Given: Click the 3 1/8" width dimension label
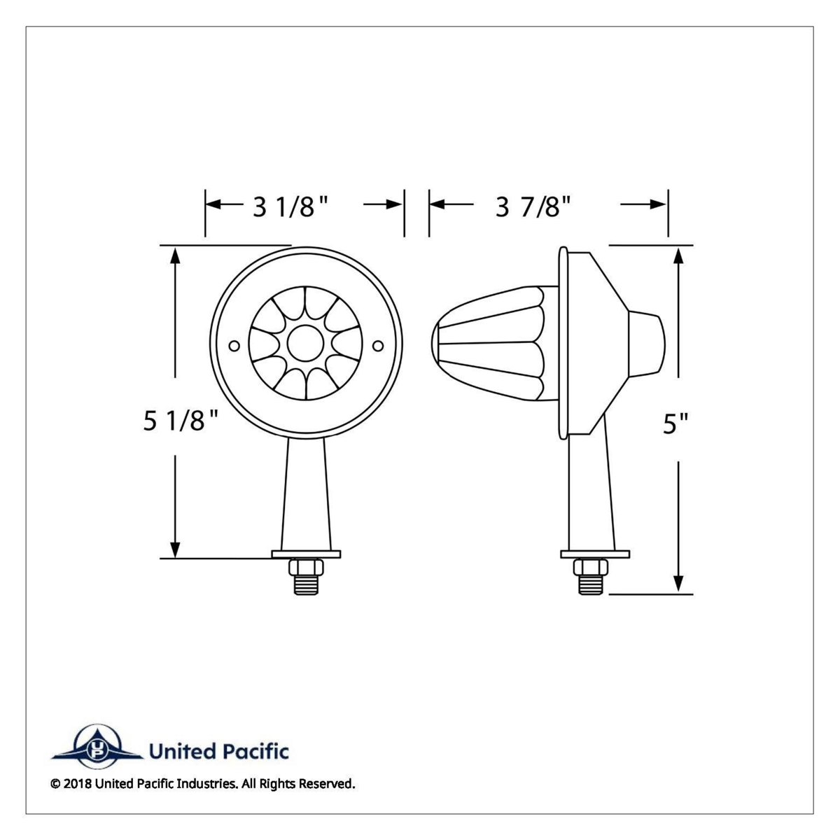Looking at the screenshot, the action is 290,207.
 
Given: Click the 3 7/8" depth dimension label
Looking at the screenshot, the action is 533,206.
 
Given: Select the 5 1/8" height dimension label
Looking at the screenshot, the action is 181,421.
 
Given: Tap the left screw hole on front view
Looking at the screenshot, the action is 234,346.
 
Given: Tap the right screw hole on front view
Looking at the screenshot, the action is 378,346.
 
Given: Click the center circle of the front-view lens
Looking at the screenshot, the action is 306,343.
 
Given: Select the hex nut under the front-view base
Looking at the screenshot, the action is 306,567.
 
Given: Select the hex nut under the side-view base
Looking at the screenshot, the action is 591,567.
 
